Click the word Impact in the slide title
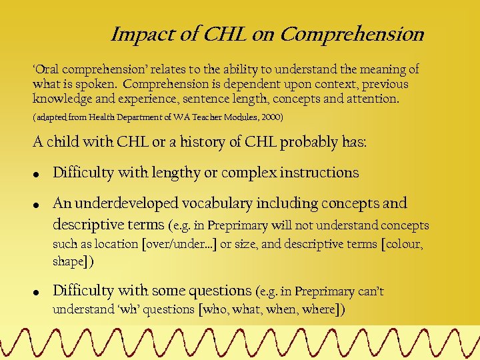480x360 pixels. click(137, 34)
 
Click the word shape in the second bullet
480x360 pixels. click(68, 261)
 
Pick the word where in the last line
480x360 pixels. click(319, 309)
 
